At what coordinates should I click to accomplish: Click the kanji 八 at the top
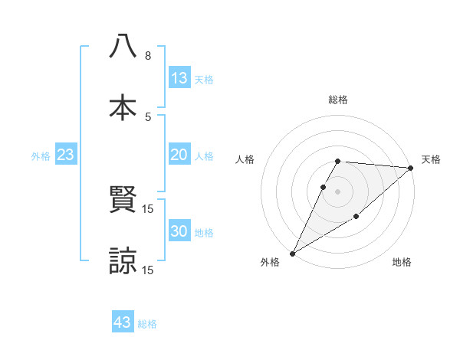click(123, 46)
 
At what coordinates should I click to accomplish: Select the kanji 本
click(123, 107)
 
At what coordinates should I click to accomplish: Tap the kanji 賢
click(123, 201)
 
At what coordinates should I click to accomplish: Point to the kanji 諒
click(123, 260)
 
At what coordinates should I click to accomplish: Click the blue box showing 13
click(179, 78)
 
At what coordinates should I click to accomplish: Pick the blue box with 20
click(179, 155)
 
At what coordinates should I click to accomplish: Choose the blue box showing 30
click(179, 231)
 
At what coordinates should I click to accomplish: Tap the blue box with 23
click(66, 155)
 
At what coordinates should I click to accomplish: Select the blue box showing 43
click(123, 322)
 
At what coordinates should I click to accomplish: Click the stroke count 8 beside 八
click(148, 56)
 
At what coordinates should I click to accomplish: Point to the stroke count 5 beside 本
click(148, 117)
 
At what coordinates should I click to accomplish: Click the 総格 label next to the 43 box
click(147, 324)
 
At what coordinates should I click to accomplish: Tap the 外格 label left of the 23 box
click(41, 156)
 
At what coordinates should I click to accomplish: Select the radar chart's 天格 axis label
click(431, 159)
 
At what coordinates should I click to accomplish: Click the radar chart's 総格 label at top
click(338, 100)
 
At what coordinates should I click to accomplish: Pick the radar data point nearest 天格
click(411, 168)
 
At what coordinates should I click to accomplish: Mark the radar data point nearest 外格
click(292, 254)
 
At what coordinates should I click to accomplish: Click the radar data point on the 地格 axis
click(356, 218)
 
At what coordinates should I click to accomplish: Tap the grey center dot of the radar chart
click(338, 191)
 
